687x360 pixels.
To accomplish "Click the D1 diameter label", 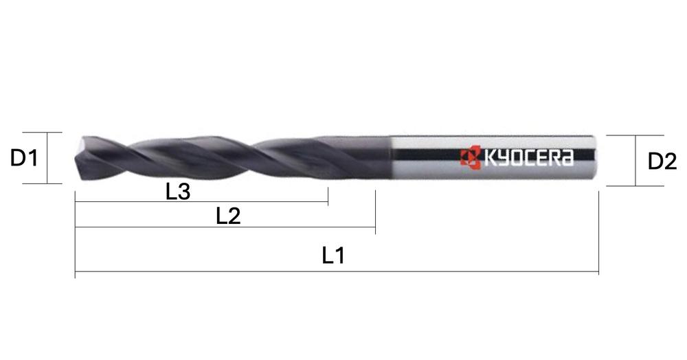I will pyautogui.click(x=24, y=159).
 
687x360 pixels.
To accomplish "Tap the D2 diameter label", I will pyautogui.click(x=662, y=162).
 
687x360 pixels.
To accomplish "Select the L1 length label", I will pyautogui.click(x=333, y=256).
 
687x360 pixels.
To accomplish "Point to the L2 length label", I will pyautogui.click(x=228, y=216).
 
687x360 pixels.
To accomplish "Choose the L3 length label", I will pyautogui.click(x=178, y=192).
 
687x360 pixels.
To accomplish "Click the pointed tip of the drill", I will pyautogui.click(x=75, y=158).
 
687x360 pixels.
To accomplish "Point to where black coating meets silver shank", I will pyautogui.click(x=391, y=159).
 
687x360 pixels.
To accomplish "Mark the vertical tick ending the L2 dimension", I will pyautogui.click(x=375, y=213).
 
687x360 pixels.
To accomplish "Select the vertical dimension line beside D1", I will pyautogui.click(x=47, y=158).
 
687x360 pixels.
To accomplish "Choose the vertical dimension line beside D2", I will pyautogui.click(x=635, y=161).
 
